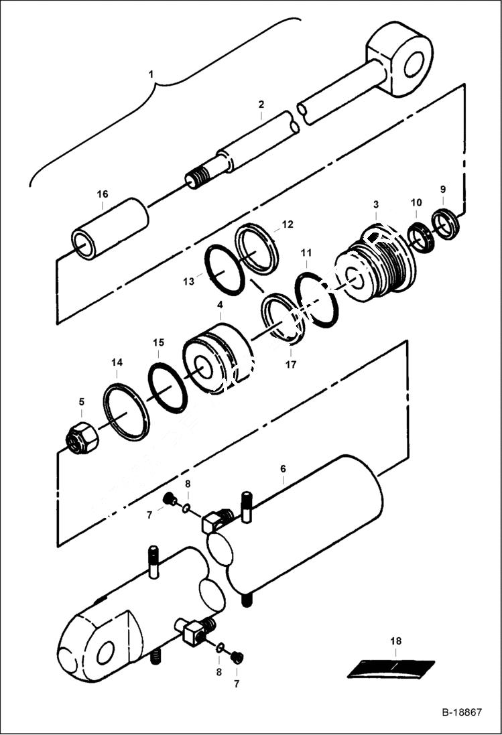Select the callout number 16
click(x=102, y=194)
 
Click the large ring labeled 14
click(x=127, y=411)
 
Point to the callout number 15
click(x=158, y=342)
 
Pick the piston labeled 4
click(x=216, y=358)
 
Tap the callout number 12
click(x=287, y=224)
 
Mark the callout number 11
click(x=306, y=253)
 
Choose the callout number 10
click(x=416, y=202)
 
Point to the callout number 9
click(x=442, y=190)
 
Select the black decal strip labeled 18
click(x=391, y=668)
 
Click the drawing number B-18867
click(x=461, y=712)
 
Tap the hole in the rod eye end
click(x=413, y=58)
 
